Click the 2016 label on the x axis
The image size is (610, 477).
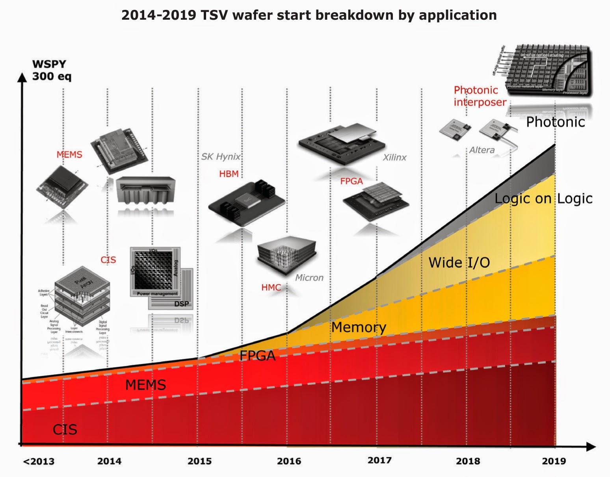(289, 461)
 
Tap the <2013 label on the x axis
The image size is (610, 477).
(39, 461)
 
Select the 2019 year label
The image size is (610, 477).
(554, 461)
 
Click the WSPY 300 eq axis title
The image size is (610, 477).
(51, 70)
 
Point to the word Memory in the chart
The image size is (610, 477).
(359, 327)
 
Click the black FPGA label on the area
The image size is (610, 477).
(257, 356)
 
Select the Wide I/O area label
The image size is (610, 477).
(459, 262)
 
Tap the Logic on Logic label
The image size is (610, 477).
(543, 199)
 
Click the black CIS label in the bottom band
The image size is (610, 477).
(65, 429)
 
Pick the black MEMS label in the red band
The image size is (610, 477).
(145, 385)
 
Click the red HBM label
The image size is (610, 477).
(229, 174)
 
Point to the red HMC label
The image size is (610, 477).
(271, 288)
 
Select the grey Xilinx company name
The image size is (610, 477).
(394, 158)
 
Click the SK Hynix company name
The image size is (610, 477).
(221, 157)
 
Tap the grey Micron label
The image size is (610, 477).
(309, 278)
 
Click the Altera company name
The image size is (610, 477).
(482, 150)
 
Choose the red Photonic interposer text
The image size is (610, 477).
(479, 96)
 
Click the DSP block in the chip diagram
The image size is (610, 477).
(181, 304)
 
